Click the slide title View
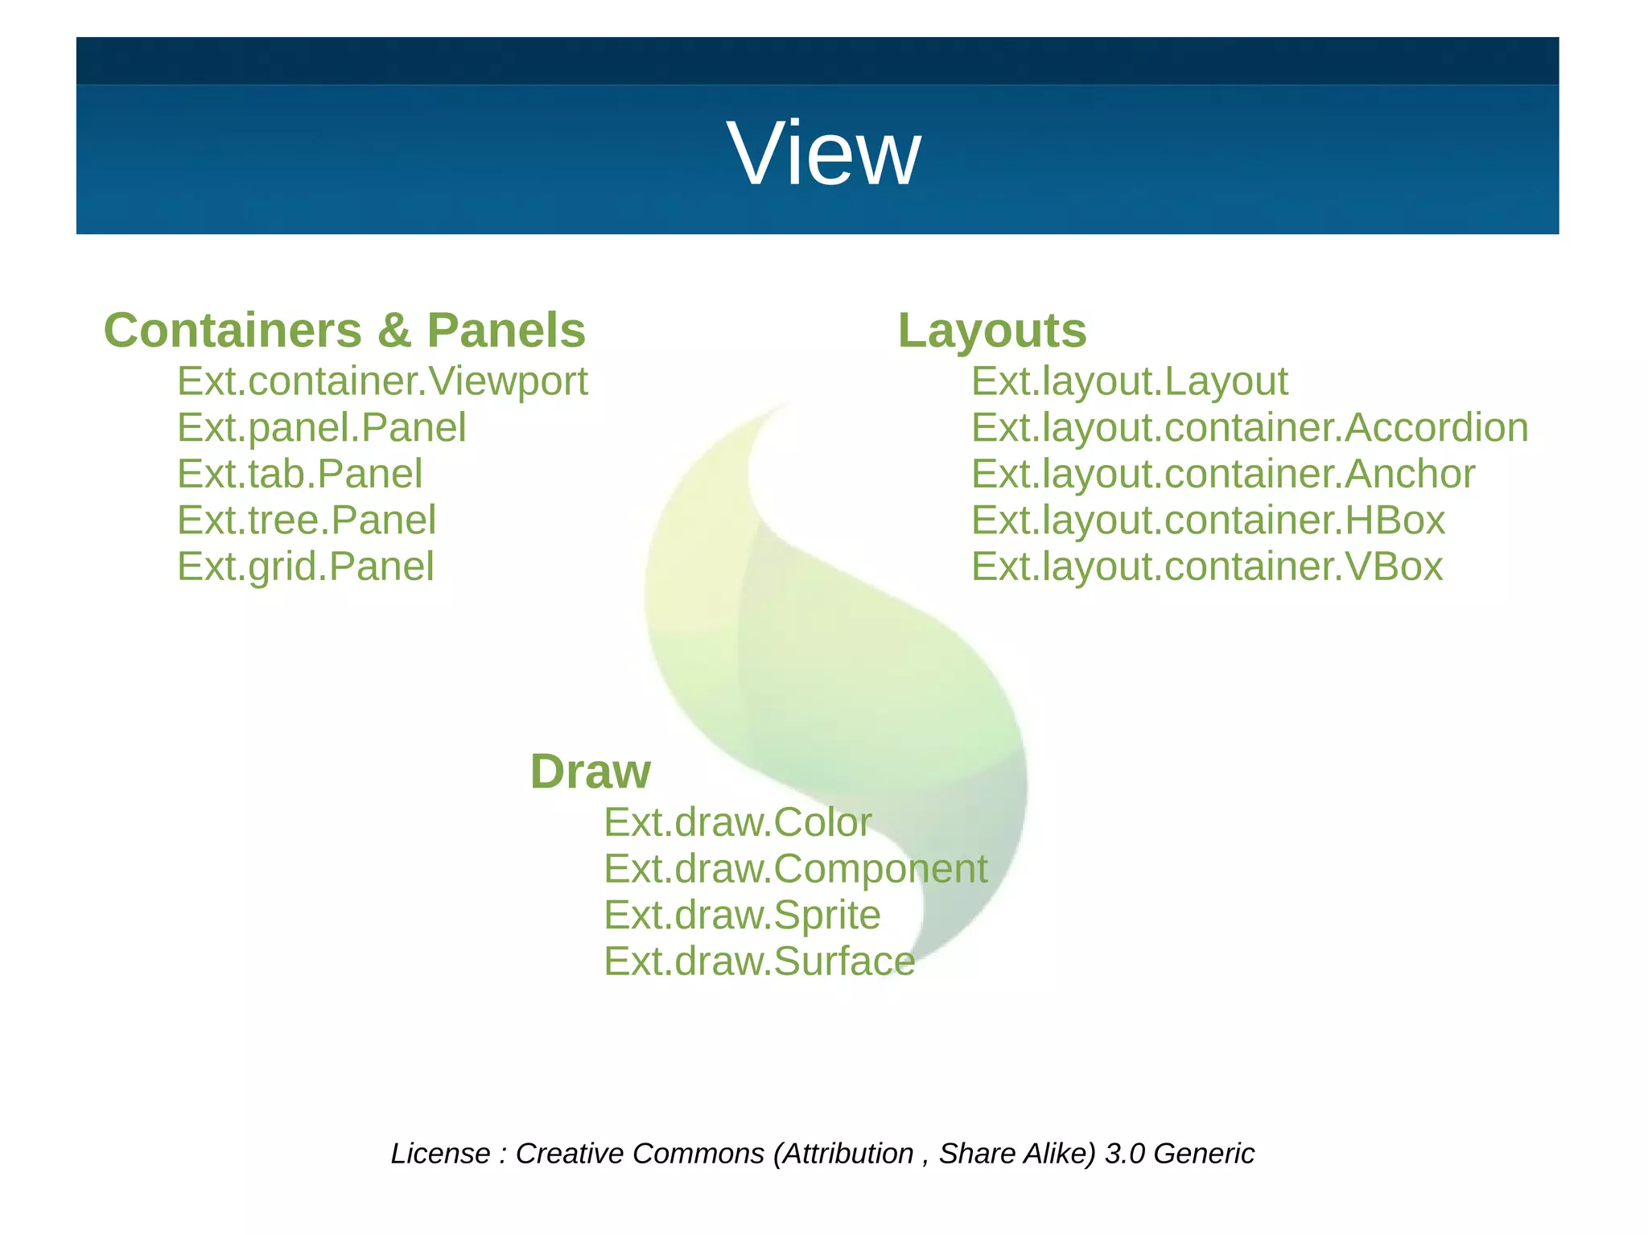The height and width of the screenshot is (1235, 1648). click(x=823, y=154)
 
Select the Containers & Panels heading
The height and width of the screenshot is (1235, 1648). click(x=344, y=331)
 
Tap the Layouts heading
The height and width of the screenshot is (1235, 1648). click(x=991, y=331)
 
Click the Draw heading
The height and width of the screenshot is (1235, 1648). click(x=590, y=772)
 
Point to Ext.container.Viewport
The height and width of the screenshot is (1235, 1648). click(x=382, y=381)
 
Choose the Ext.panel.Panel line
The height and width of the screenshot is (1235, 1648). click(x=321, y=427)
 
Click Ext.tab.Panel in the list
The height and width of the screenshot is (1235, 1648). click(x=299, y=474)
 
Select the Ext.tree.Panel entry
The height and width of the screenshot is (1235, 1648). click(x=307, y=520)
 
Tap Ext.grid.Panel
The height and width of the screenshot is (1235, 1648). click(x=305, y=566)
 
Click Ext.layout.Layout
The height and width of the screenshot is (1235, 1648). click(x=1129, y=381)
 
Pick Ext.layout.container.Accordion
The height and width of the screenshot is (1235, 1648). click(x=1249, y=427)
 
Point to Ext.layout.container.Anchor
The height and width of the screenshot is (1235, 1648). click(x=1222, y=474)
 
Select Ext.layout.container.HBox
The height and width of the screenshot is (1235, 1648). click(x=1208, y=520)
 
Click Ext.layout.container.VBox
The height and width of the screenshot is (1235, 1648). click(x=1206, y=566)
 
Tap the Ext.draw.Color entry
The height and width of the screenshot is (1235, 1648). click(x=737, y=822)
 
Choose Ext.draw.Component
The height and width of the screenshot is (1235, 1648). click(x=795, y=869)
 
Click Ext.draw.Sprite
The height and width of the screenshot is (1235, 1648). click(x=742, y=915)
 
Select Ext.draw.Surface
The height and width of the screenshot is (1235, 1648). click(x=759, y=961)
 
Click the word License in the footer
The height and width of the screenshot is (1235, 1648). click(x=440, y=1154)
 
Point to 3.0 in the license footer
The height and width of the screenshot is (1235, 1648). click(x=1124, y=1154)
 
